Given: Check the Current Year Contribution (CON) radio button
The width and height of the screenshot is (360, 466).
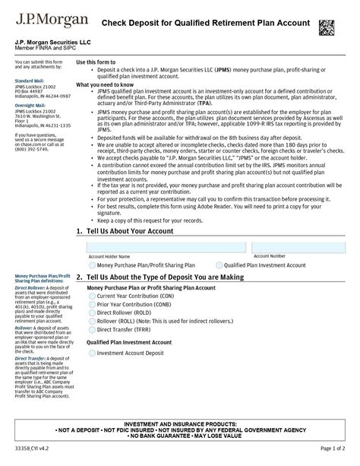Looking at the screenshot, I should (91, 296).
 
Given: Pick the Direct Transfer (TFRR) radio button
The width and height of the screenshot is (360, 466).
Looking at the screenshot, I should (91, 331).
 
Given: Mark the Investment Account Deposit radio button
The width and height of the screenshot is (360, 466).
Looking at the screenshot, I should (91, 353).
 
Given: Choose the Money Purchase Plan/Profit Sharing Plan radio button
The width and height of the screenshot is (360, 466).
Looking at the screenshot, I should (91, 265).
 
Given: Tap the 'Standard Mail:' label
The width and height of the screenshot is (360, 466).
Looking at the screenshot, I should (30, 79).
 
